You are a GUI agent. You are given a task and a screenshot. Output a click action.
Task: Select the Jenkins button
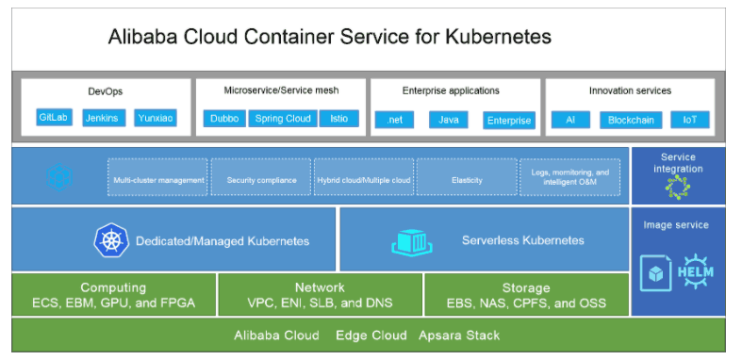pyautogui.click(x=101, y=119)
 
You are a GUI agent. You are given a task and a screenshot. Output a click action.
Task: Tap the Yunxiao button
pyautogui.click(x=155, y=119)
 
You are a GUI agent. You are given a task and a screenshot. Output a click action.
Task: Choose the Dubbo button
pyautogui.click(x=223, y=119)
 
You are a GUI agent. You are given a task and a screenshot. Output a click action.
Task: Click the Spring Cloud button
pyautogui.click(x=283, y=119)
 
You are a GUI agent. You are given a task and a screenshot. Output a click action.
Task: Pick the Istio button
pyautogui.click(x=338, y=119)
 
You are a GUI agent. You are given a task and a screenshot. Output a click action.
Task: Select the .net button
pyautogui.click(x=394, y=120)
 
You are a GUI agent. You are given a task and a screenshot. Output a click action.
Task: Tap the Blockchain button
pyautogui.click(x=631, y=120)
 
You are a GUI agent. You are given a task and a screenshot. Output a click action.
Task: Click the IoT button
pyautogui.click(x=689, y=120)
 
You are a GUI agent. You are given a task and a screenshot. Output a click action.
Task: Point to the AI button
pyautogui.click(x=570, y=120)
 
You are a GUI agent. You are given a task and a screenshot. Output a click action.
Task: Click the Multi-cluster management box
pyautogui.click(x=158, y=177)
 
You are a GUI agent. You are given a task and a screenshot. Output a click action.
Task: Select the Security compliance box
pyautogui.click(x=261, y=177)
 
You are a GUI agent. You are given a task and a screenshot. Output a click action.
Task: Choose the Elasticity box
pyautogui.click(x=467, y=177)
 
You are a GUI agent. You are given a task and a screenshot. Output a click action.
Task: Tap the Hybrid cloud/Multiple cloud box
pyautogui.click(x=364, y=177)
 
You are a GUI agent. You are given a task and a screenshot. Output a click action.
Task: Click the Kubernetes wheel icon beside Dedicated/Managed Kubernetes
pyautogui.click(x=110, y=240)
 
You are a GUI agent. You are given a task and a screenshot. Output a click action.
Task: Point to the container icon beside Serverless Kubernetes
pyautogui.click(x=412, y=240)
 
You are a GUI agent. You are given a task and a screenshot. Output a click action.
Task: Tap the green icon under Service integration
pyautogui.click(x=678, y=187)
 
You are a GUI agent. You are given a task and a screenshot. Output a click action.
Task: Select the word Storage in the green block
pyautogui.click(x=526, y=287)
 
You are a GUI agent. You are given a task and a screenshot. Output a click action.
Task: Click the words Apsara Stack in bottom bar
pyautogui.click(x=463, y=335)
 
